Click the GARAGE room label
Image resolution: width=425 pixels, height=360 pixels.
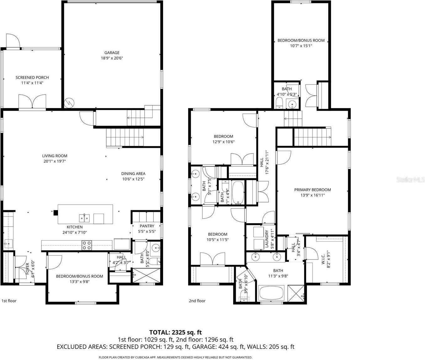pyautogui.click(x=112, y=53)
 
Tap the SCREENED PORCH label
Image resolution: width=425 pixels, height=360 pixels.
pyautogui.click(x=32, y=77)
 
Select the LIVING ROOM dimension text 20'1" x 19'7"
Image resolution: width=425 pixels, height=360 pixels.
pyautogui.click(x=55, y=161)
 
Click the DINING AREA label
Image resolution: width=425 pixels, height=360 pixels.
pyautogui.click(x=133, y=173)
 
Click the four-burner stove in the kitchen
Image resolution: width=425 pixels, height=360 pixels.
pyautogui.click(x=87, y=245)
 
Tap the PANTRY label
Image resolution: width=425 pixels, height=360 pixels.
pyautogui.click(x=147, y=226)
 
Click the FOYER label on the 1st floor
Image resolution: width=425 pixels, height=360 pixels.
pyautogui.click(x=28, y=269)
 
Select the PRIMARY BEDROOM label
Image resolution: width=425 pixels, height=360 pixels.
pyautogui.click(x=312, y=190)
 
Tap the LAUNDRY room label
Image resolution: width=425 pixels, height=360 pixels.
pyautogui.click(x=267, y=239)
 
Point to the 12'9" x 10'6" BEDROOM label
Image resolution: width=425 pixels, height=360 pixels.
pyautogui.click(x=223, y=136)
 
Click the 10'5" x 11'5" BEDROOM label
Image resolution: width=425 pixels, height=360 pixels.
pyautogui.click(x=218, y=234)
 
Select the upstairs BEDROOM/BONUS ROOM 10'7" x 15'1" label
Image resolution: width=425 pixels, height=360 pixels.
pyautogui.click(x=301, y=40)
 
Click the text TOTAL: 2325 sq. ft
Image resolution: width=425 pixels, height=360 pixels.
pyautogui.click(x=176, y=332)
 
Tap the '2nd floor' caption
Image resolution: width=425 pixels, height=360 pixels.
pyautogui.click(x=197, y=301)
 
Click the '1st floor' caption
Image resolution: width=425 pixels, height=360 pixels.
pyautogui.click(x=9, y=301)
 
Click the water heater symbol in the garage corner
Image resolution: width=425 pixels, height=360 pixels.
pyautogui.click(x=69, y=102)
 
